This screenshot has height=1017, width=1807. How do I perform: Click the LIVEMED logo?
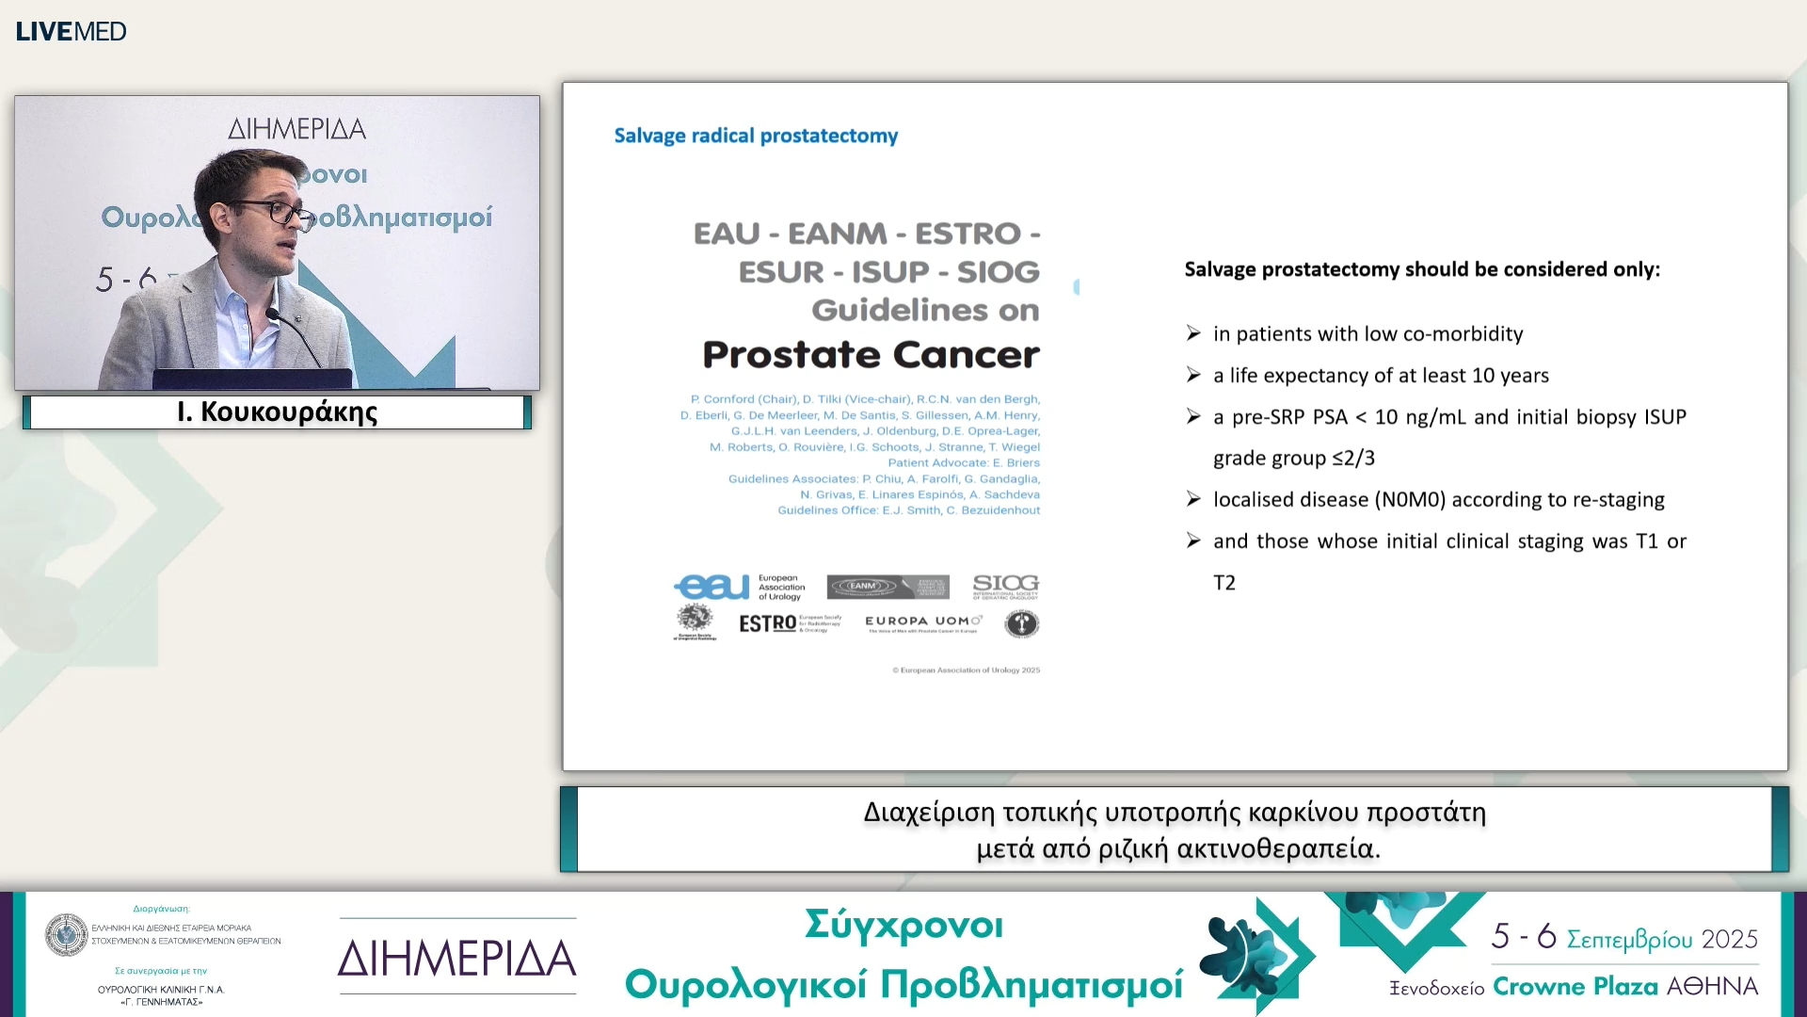tap(71, 31)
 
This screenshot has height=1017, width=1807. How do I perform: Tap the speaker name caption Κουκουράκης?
tap(278, 412)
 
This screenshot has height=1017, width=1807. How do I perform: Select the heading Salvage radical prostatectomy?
tap(756, 136)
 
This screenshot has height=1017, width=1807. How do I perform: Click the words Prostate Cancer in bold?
tap(871, 355)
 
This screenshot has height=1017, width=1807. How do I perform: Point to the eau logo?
tap(712, 587)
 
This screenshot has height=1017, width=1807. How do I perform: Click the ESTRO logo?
tap(768, 623)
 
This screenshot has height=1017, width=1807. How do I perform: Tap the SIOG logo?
tap(1005, 586)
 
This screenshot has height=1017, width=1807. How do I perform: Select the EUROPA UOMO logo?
tap(922, 621)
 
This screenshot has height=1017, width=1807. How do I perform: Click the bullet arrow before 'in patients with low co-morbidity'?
tap(1193, 333)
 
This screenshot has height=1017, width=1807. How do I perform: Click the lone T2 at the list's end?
tap(1223, 583)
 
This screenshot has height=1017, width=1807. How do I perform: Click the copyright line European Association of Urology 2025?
tap(967, 670)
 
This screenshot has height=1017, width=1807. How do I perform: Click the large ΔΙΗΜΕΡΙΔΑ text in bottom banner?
tap(457, 959)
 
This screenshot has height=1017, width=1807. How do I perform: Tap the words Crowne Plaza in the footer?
tap(1575, 987)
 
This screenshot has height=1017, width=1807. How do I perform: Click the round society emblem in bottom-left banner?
tap(67, 934)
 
